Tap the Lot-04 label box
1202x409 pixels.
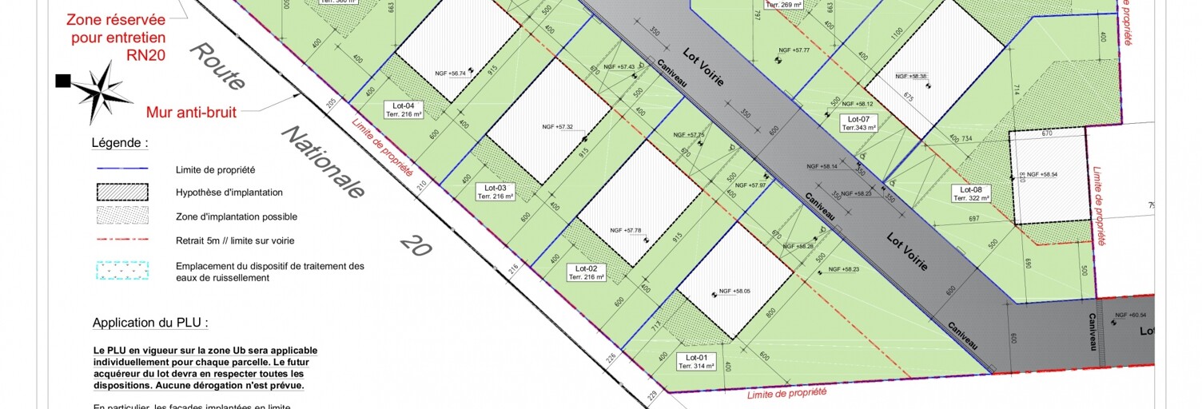click(403, 109)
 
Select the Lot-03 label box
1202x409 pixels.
click(496, 191)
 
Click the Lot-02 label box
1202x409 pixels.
click(586, 272)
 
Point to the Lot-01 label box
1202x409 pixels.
click(696, 361)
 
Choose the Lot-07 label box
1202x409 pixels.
click(858, 123)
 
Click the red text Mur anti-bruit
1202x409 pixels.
click(191, 113)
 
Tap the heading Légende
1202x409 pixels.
click(120, 144)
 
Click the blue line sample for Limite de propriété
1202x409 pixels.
click(122, 169)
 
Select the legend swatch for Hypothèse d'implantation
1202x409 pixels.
click(122, 192)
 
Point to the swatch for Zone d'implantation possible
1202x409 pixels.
click(122, 215)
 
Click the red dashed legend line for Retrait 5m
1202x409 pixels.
click(122, 239)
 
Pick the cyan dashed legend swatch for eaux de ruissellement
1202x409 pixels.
click(122, 271)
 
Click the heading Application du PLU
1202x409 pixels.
click(150, 323)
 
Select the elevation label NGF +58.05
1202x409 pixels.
click(734, 292)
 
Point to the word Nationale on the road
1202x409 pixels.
click(324, 163)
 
